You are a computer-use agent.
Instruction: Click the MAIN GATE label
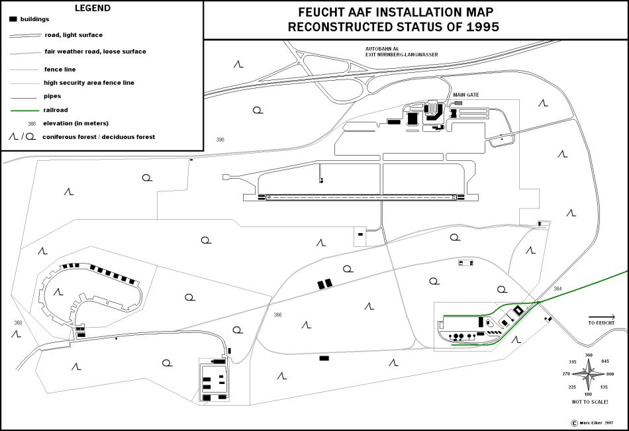tap(466, 95)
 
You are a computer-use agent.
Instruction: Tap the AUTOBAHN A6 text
tap(384, 48)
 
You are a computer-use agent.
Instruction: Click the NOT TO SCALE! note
tap(590, 402)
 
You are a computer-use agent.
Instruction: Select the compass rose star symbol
tap(589, 374)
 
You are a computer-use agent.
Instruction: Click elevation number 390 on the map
tap(220, 140)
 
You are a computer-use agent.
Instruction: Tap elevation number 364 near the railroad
tap(557, 289)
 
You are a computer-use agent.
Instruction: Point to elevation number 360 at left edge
tap(17, 322)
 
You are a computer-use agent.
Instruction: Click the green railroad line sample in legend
tap(24, 111)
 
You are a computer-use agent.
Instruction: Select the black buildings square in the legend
tap(13, 19)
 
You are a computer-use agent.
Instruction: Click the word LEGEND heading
tap(93, 9)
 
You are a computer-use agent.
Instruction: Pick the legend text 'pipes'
tap(53, 96)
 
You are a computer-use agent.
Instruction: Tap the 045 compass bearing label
tap(605, 361)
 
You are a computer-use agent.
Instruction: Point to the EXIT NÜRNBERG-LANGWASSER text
tap(402, 54)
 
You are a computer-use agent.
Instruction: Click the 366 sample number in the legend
tap(31, 123)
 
